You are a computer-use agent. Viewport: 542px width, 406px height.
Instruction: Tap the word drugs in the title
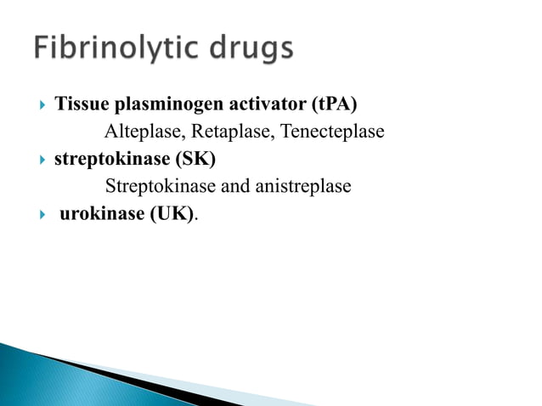click(253, 50)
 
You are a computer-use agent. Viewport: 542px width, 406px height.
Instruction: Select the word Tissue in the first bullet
click(79, 105)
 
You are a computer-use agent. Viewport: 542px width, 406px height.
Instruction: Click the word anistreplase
click(301, 185)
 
